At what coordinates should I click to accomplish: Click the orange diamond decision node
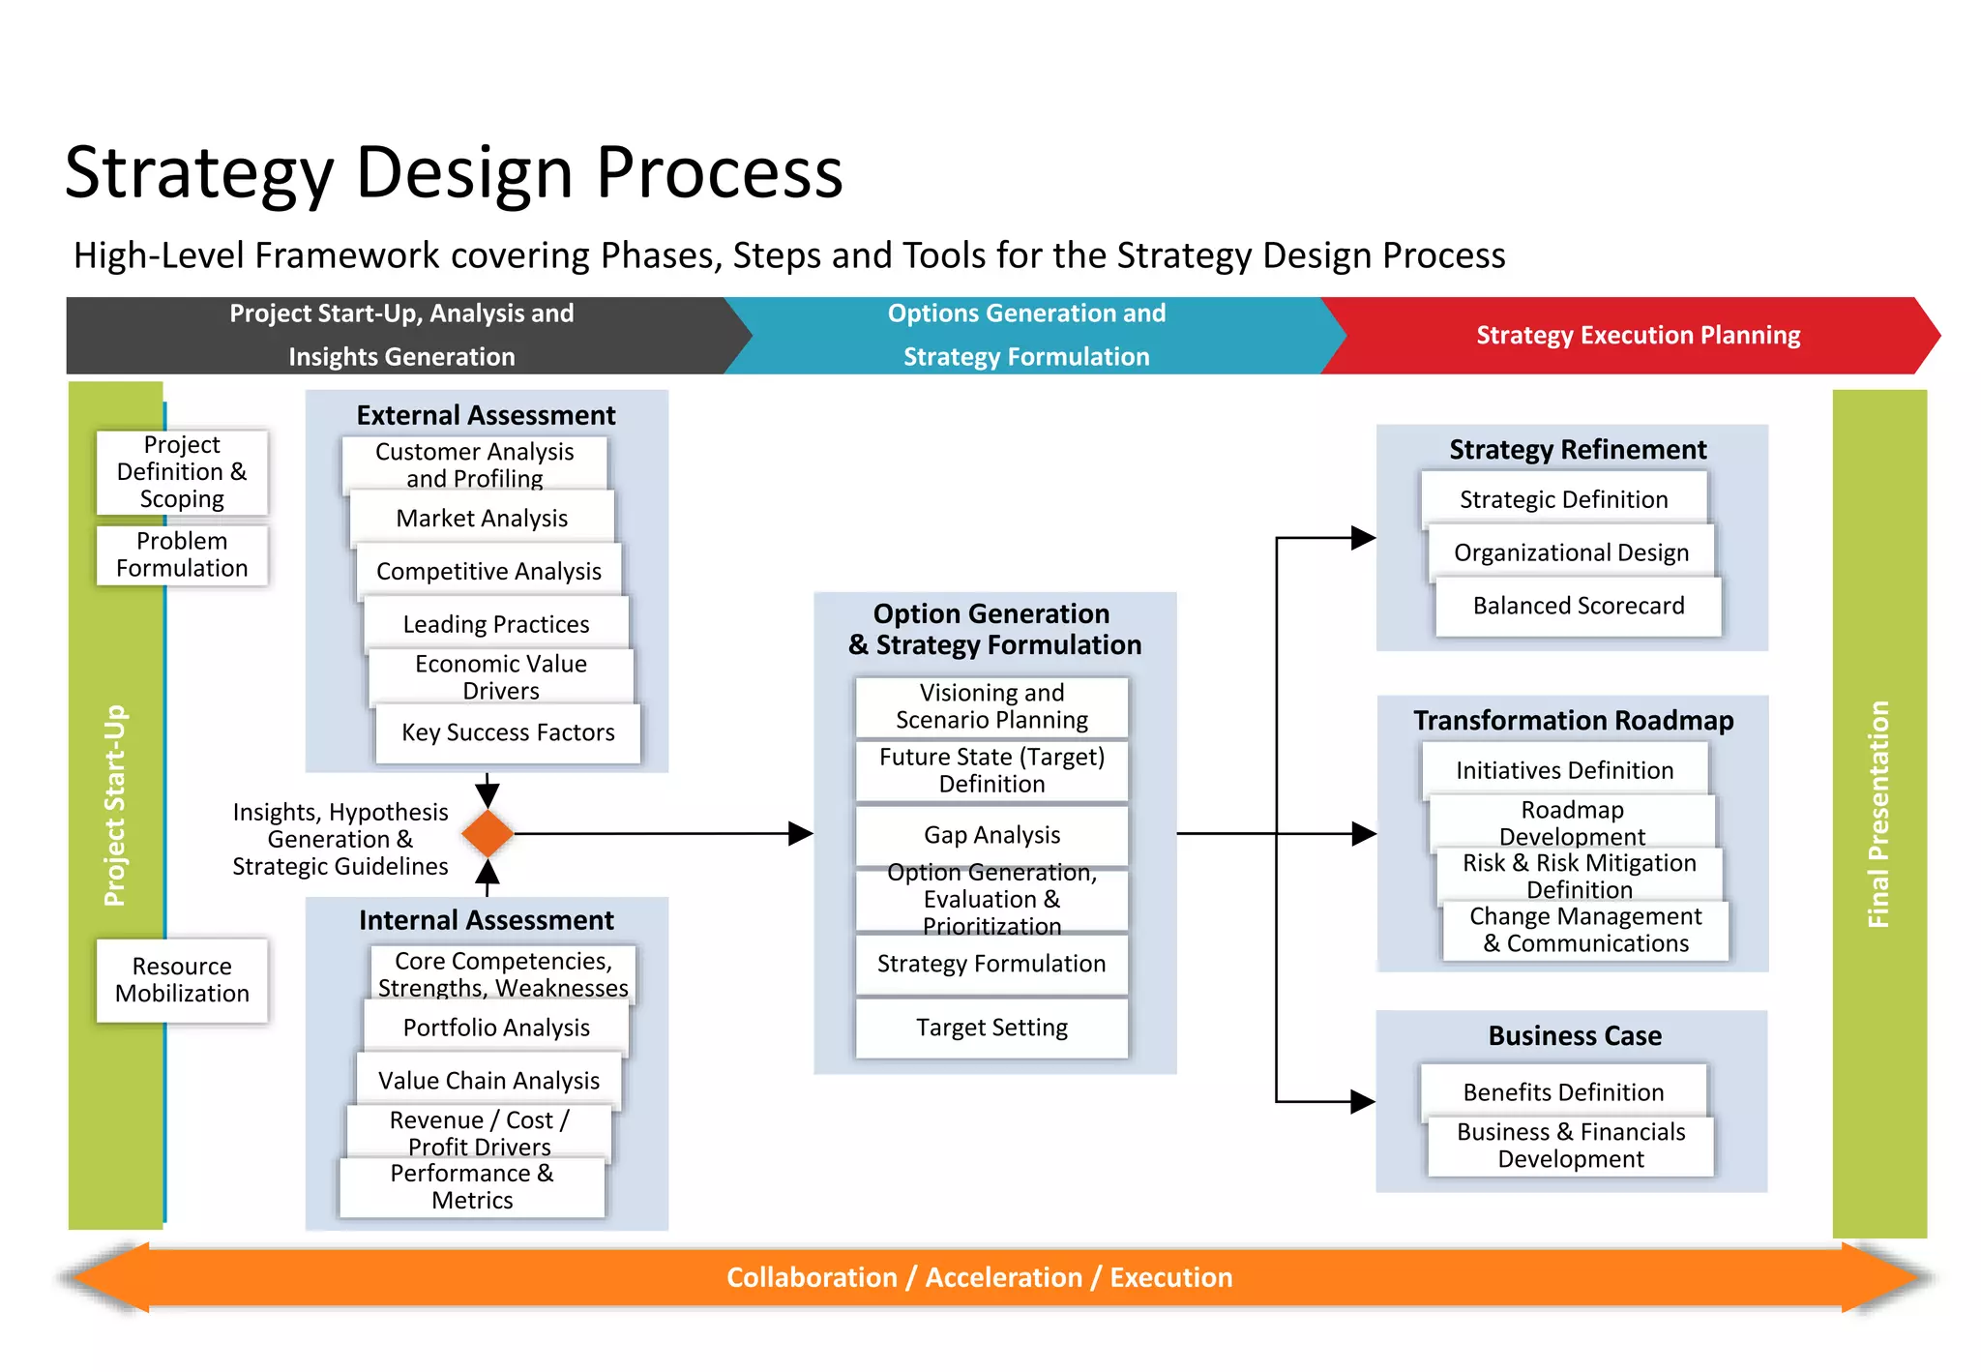[488, 833]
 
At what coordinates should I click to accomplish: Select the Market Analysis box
[482, 519]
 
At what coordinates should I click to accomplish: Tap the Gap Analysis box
[991, 835]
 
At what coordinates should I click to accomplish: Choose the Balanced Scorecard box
[1578, 606]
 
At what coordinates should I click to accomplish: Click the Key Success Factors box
[508, 732]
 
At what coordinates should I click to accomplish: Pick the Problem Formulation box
[182, 554]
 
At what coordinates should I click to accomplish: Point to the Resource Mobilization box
[182, 979]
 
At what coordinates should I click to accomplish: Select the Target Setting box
[991, 1028]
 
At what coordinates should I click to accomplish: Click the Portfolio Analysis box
[496, 1028]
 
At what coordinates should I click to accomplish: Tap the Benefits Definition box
[1563, 1092]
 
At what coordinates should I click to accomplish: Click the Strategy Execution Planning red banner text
[1638, 336]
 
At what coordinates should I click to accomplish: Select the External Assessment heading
[486, 415]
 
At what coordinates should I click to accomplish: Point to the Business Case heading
[1574, 1035]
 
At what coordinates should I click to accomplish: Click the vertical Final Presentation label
[1878, 814]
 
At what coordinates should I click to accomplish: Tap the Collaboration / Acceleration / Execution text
[979, 1277]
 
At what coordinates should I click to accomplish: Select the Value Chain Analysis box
[488, 1081]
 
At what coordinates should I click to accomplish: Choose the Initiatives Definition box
[1564, 770]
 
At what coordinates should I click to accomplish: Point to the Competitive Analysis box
[488, 572]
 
